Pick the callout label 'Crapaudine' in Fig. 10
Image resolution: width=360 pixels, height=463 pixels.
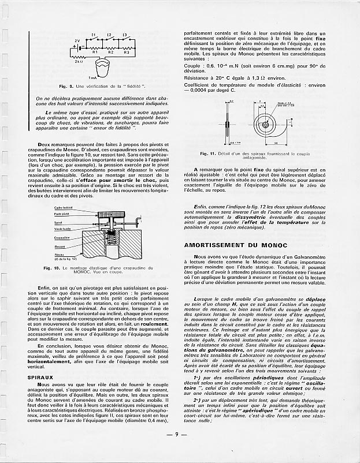(x=62, y=237)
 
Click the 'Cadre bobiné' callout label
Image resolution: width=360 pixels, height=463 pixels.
(x=63, y=207)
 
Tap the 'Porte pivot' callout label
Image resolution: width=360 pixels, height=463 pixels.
(x=62, y=214)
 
